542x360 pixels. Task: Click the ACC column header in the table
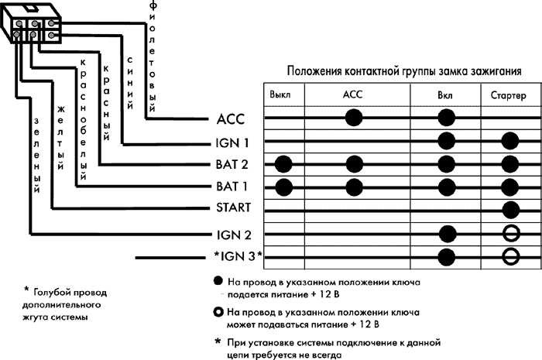click(x=352, y=94)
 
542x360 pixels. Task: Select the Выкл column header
click(x=280, y=94)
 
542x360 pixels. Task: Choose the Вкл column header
click(x=445, y=94)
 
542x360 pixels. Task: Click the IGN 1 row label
click(x=232, y=142)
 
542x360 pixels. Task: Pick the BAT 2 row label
click(x=232, y=165)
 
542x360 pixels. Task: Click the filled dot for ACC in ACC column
click(x=354, y=118)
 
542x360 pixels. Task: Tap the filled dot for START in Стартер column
click(x=509, y=210)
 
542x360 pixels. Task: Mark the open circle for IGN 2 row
click(x=509, y=233)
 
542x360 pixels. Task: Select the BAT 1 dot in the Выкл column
click(x=283, y=187)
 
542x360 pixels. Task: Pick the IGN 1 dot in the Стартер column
click(x=509, y=141)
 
